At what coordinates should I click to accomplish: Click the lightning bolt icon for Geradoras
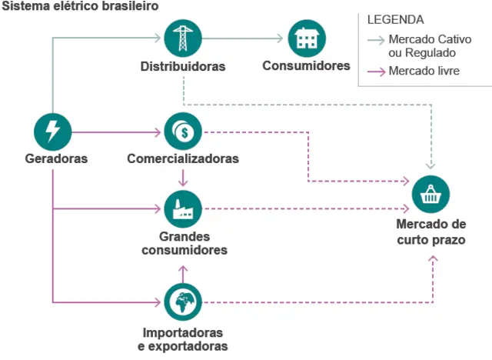pyautogui.click(x=53, y=131)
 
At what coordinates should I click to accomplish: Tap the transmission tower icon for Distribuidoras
pyautogui.click(x=183, y=38)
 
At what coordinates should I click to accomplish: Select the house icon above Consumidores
pyautogui.click(x=306, y=38)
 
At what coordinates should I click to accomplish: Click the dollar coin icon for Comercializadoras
pyautogui.click(x=183, y=131)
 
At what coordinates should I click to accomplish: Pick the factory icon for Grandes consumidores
pyautogui.click(x=183, y=208)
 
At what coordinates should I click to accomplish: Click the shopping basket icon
pyautogui.click(x=431, y=195)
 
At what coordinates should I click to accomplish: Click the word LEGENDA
pyautogui.click(x=395, y=19)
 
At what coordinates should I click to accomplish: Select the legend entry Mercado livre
pyautogui.click(x=424, y=72)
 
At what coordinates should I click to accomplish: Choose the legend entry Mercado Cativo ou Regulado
pyautogui.click(x=422, y=45)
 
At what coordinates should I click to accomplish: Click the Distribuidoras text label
pyautogui.click(x=183, y=66)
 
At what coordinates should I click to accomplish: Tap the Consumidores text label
pyautogui.click(x=306, y=66)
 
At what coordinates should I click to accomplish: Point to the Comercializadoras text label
pyautogui.click(x=183, y=158)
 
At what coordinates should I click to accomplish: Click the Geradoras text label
pyautogui.click(x=56, y=158)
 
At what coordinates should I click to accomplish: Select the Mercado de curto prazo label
pyautogui.click(x=431, y=232)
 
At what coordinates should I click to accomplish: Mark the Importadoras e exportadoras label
pyautogui.click(x=183, y=339)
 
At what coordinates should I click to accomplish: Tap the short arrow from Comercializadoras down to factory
pyautogui.click(x=183, y=178)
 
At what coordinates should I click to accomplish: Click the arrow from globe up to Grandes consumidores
pyautogui.click(x=183, y=273)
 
